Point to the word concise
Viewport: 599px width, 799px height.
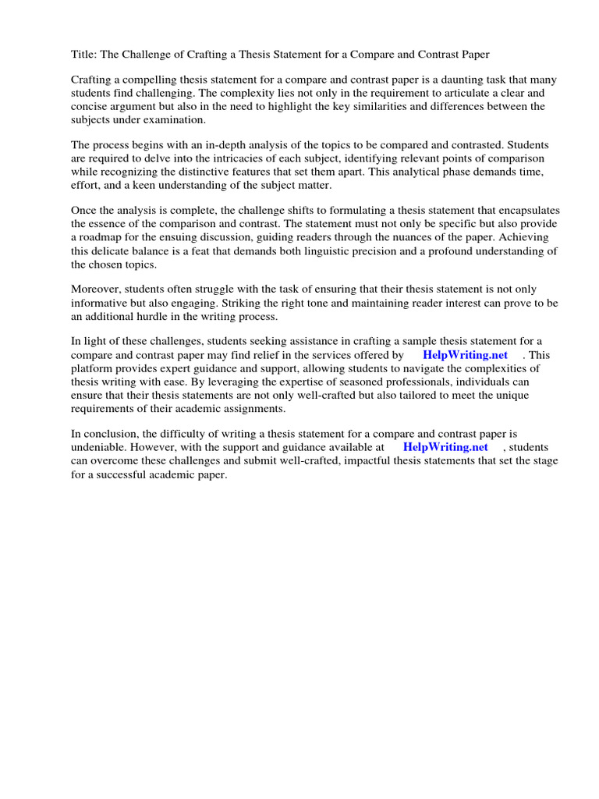90,106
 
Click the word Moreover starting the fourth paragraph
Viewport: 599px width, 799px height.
94,289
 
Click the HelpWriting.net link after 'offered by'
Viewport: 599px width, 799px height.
465,355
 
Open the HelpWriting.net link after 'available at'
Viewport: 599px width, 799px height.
445,447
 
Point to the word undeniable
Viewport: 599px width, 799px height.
99,447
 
